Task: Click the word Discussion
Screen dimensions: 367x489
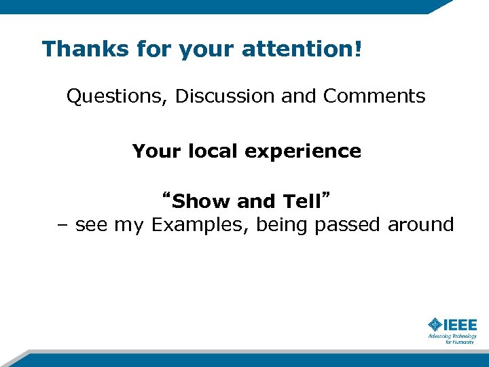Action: point(225,97)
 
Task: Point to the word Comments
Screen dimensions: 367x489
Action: point(374,97)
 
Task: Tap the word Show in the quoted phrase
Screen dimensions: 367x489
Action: point(202,202)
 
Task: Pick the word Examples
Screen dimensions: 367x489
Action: point(200,225)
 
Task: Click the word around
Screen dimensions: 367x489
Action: point(420,225)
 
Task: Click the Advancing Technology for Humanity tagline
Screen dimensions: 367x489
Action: point(452,338)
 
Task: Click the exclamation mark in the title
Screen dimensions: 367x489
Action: point(358,48)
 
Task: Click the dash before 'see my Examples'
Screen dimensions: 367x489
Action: point(63,225)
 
